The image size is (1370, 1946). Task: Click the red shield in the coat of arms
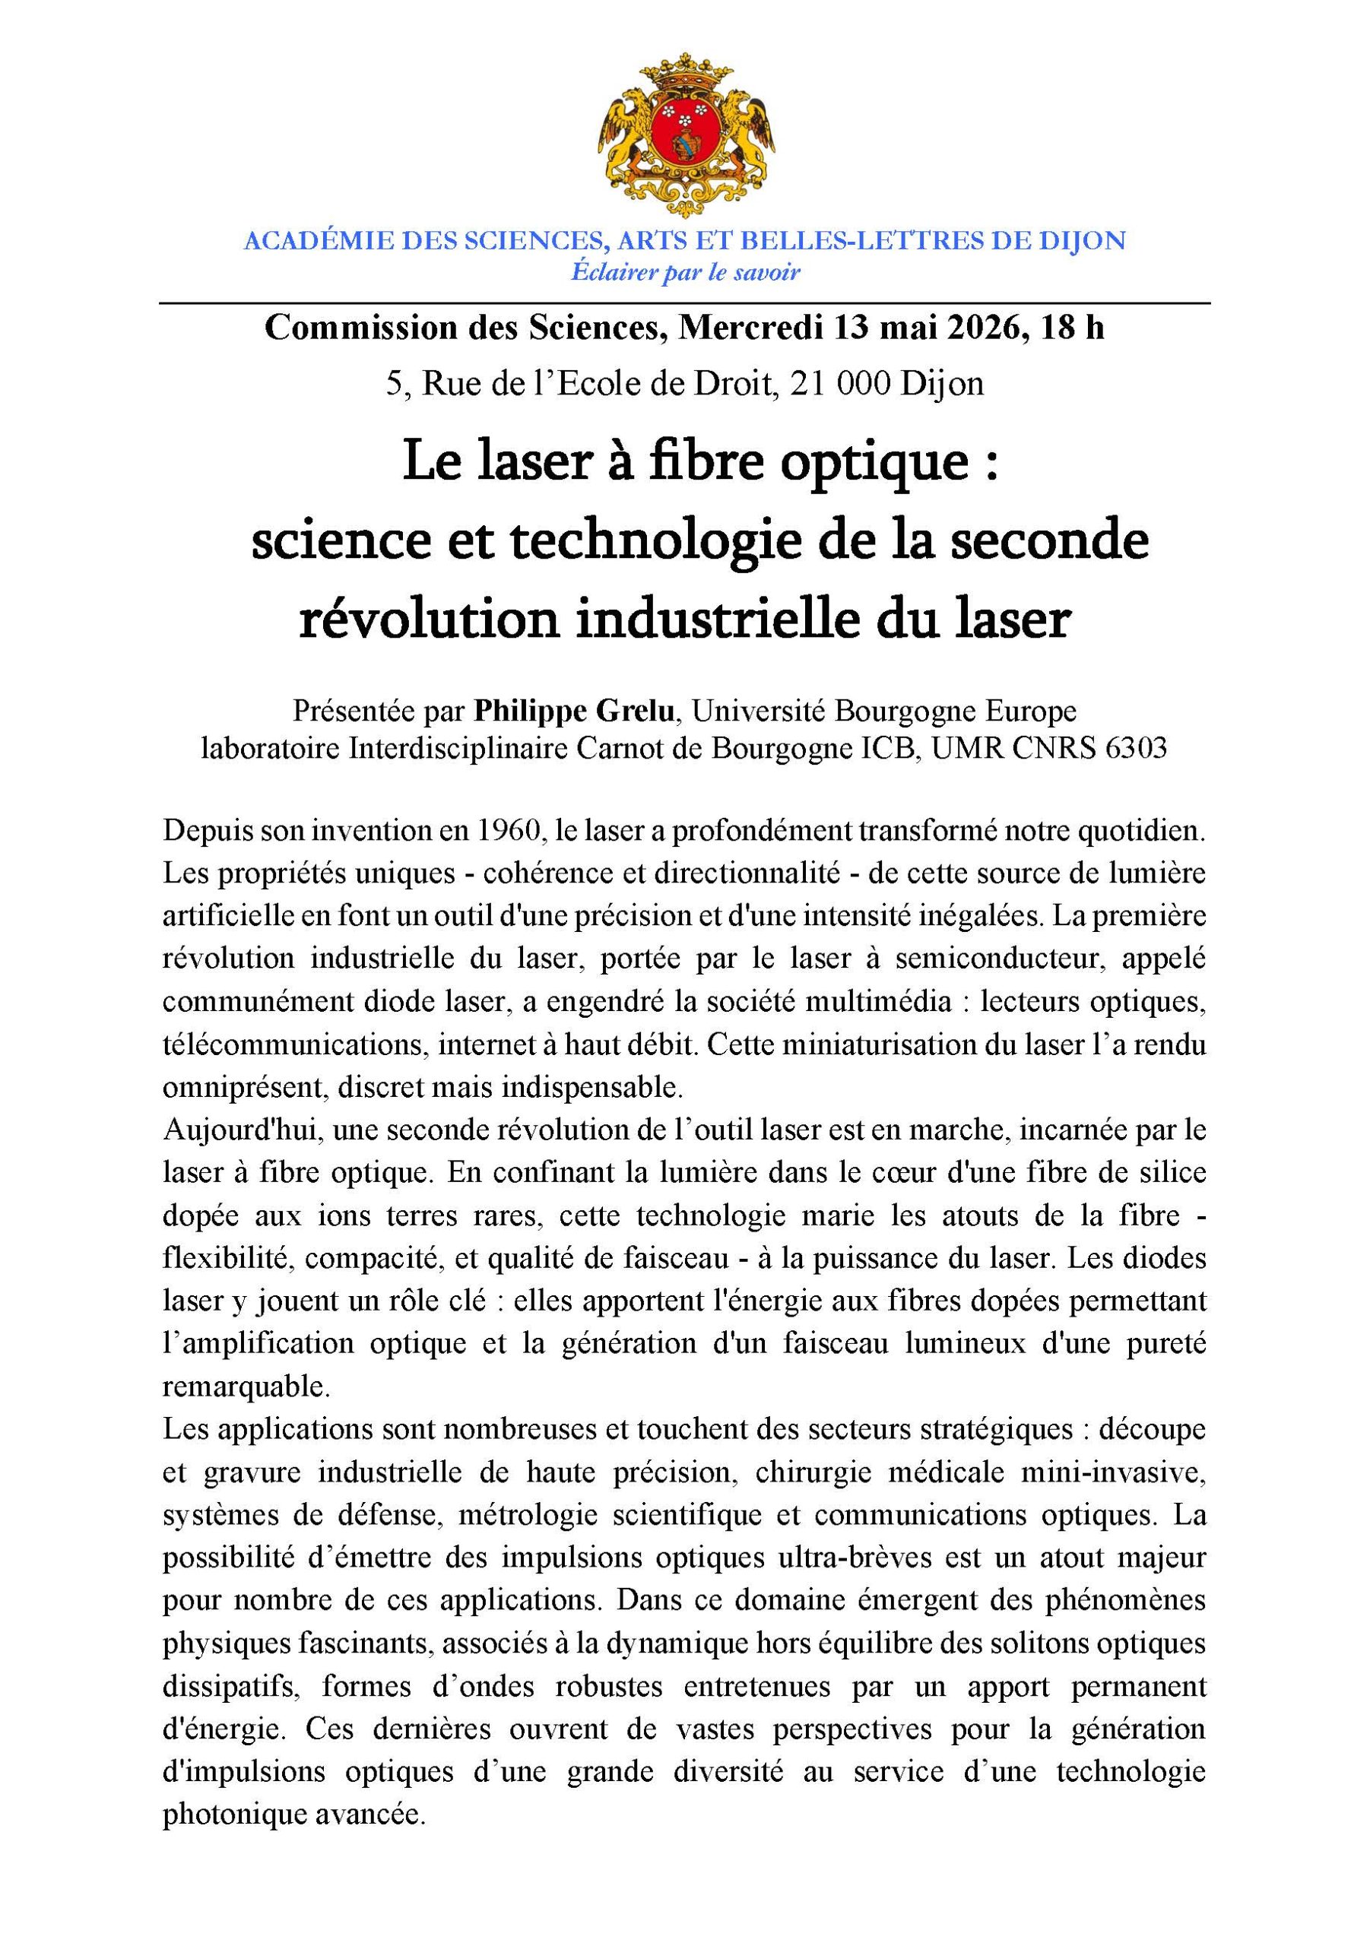tap(685, 132)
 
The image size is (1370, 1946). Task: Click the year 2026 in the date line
tap(969, 328)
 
